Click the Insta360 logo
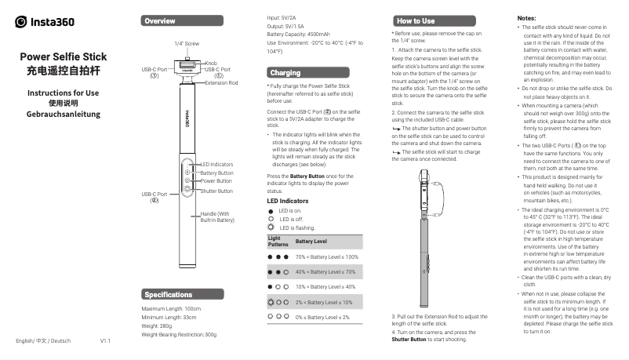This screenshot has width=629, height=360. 45,21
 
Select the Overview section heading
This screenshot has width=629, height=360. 161,20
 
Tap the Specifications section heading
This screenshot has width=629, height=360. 169,295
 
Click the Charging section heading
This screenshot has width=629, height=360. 284,73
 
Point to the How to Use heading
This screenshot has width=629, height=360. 416,20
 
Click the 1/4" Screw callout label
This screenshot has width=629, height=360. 187,43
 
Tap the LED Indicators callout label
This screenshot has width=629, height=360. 218,164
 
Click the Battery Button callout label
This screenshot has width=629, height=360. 216,173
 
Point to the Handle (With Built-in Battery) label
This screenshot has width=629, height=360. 217,217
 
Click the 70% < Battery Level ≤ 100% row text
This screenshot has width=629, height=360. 326,257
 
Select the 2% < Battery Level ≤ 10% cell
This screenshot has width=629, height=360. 324,302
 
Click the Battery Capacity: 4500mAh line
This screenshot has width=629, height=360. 303,35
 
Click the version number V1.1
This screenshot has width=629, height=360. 106,341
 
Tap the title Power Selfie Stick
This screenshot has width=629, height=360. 63,57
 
